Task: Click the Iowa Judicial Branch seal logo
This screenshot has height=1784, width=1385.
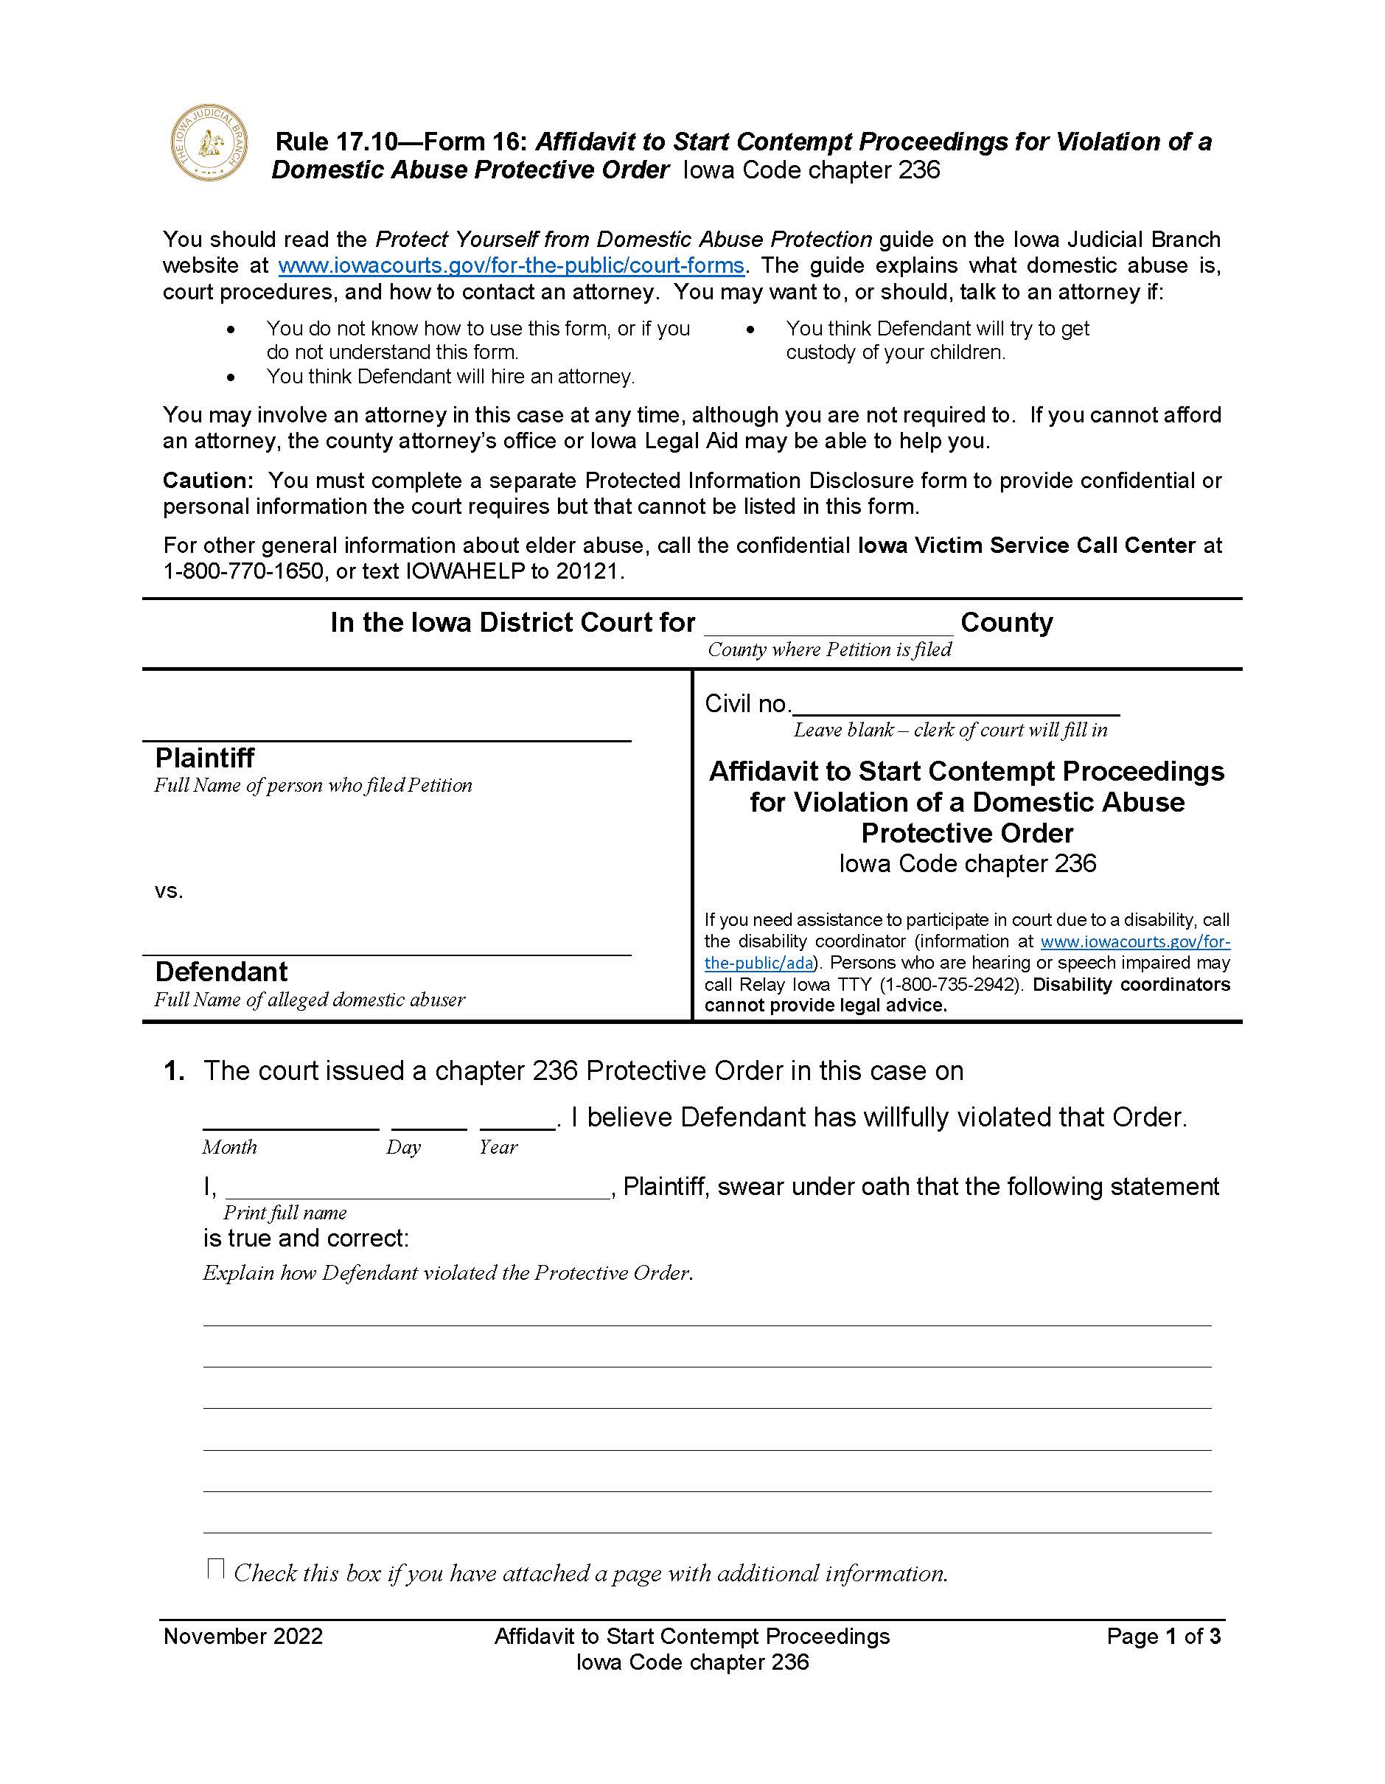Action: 209,143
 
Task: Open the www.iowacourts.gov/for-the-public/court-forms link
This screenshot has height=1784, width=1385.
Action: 512,265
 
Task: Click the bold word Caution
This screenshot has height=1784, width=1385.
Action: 207,481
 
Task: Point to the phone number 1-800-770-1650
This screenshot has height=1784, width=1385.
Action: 243,571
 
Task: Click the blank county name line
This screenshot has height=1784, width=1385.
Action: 828,626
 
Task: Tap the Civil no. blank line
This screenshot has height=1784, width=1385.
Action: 955,705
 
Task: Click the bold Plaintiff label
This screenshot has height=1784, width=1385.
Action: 204,758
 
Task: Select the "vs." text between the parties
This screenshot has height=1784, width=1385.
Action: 168,891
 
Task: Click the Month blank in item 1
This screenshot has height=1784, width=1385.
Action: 290,1120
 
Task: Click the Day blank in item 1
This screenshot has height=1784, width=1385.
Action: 429,1120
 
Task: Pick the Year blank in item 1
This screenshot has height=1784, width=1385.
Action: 517,1120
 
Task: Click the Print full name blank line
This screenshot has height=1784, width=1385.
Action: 417,1189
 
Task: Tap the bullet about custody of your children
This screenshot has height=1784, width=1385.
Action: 937,340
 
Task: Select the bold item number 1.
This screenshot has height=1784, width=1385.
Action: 174,1071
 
